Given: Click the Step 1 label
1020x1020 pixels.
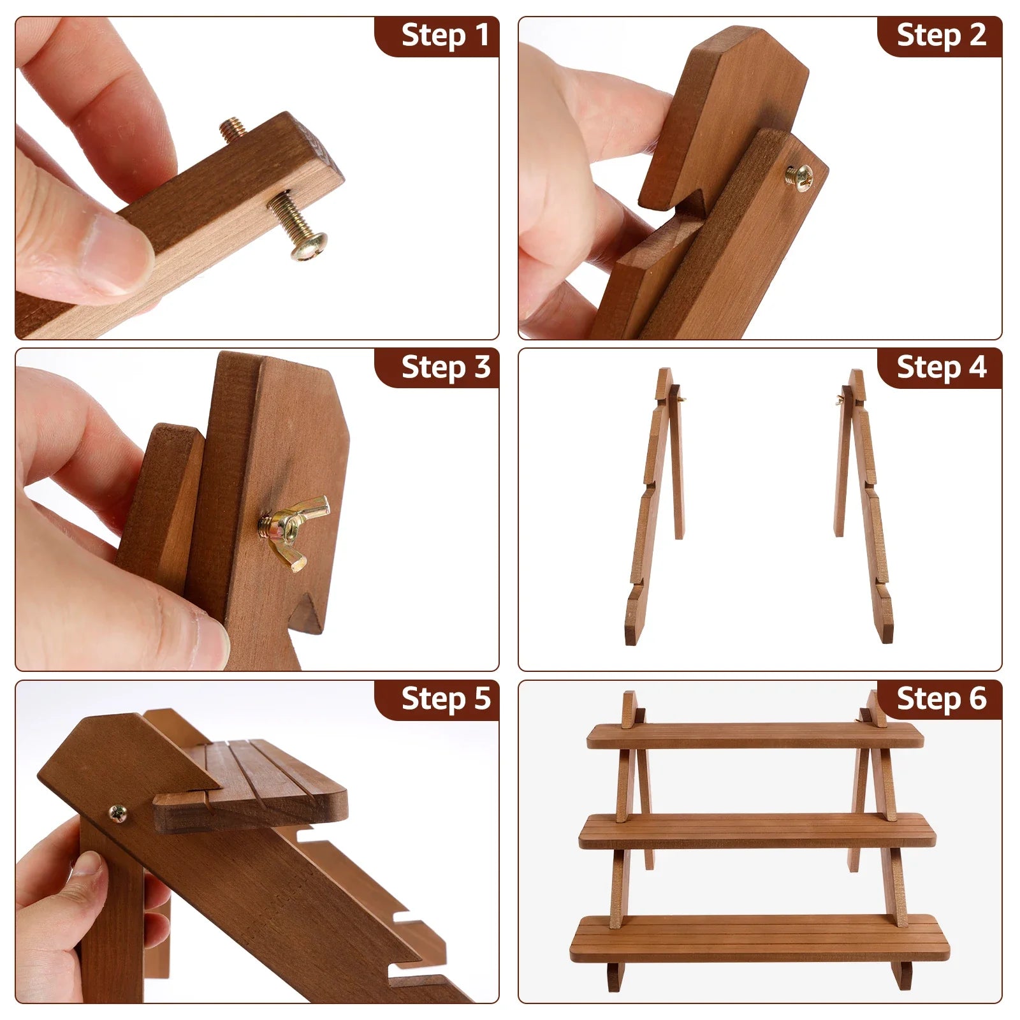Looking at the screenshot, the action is pos(445,35).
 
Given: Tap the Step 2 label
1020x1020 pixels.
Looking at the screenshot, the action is pos(941,35).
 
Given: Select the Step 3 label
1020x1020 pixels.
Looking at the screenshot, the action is pos(446,367).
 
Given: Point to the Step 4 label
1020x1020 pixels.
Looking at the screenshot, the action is pos(941,367).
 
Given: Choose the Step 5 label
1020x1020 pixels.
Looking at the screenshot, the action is pos(446,699).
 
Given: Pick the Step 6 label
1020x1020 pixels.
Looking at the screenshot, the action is pos(941,699).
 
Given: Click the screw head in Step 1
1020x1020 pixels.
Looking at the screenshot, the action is pos(310,245).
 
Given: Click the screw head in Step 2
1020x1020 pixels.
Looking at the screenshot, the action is pos(798,175).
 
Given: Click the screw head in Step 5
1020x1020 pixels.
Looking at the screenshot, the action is pos(118,813).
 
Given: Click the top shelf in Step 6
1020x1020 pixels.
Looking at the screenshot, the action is pos(755,736).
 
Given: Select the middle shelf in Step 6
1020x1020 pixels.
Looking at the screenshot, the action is pos(757,831).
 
